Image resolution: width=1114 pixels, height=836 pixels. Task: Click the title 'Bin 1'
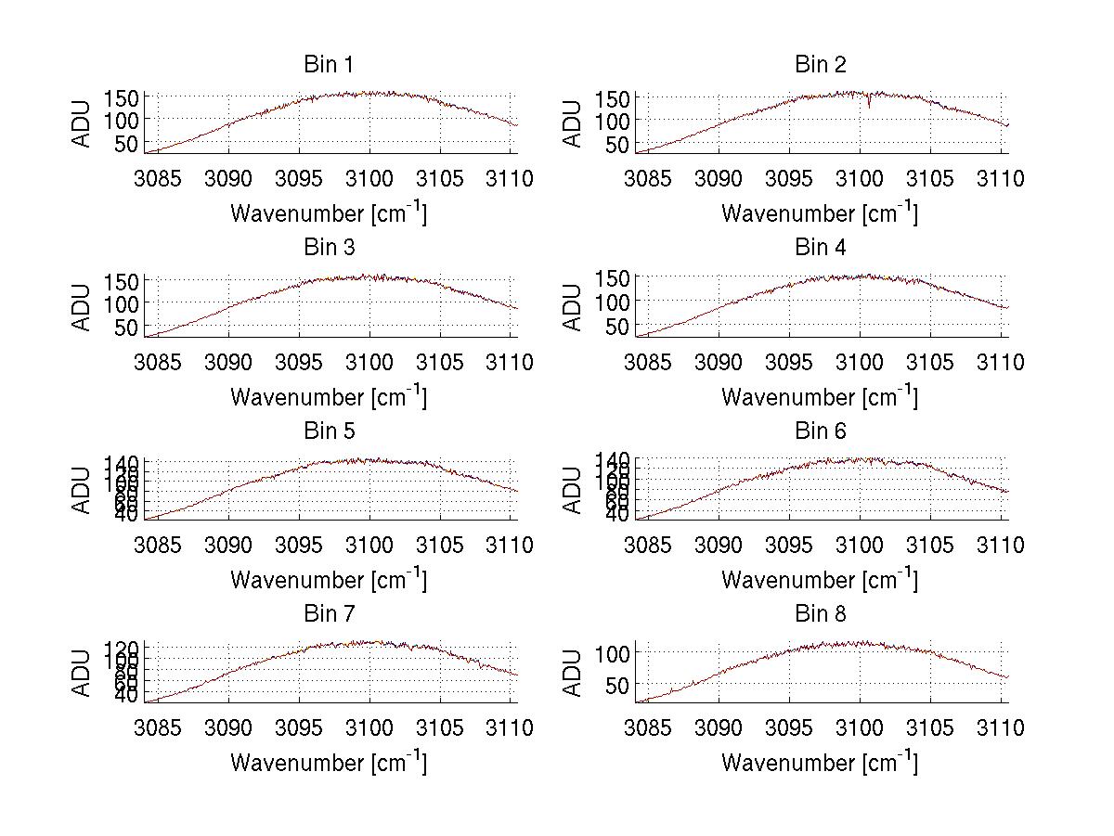328,64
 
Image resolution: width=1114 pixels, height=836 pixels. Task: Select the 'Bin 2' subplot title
821,64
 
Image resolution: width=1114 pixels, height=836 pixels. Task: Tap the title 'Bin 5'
328,431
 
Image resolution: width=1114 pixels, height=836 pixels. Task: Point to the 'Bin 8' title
821,613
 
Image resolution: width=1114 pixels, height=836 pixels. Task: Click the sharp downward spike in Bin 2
869,105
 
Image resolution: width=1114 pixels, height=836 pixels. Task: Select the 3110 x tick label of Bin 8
999,728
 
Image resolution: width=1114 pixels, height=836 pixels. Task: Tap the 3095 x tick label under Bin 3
299,362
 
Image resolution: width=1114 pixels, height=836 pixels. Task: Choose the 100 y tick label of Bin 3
121,302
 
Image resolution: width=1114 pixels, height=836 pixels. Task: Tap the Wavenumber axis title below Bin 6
819,580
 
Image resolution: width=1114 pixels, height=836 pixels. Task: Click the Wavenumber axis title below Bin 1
328,213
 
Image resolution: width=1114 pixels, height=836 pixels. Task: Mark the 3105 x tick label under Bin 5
439,546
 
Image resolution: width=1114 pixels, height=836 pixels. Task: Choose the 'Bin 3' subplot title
328,248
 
